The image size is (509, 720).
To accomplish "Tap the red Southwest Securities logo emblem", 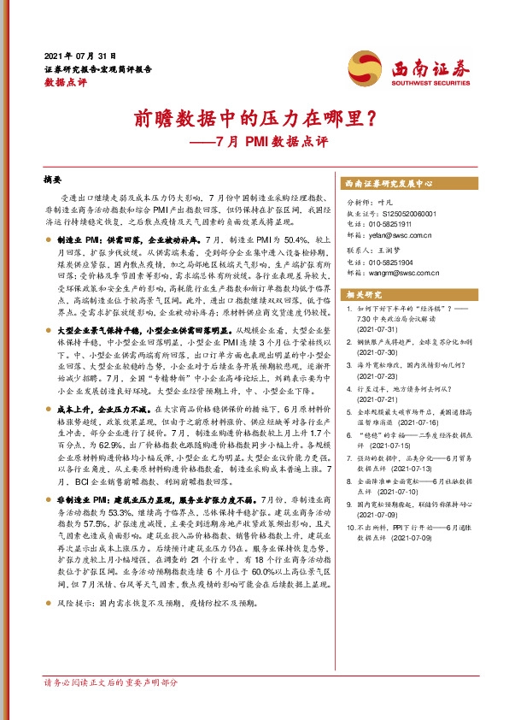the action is tap(361, 64).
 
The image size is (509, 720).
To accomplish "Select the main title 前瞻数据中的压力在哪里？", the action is tap(253, 118).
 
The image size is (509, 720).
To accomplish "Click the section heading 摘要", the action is tap(53, 182).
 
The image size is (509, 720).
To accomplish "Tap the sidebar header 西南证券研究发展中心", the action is tap(392, 184).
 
